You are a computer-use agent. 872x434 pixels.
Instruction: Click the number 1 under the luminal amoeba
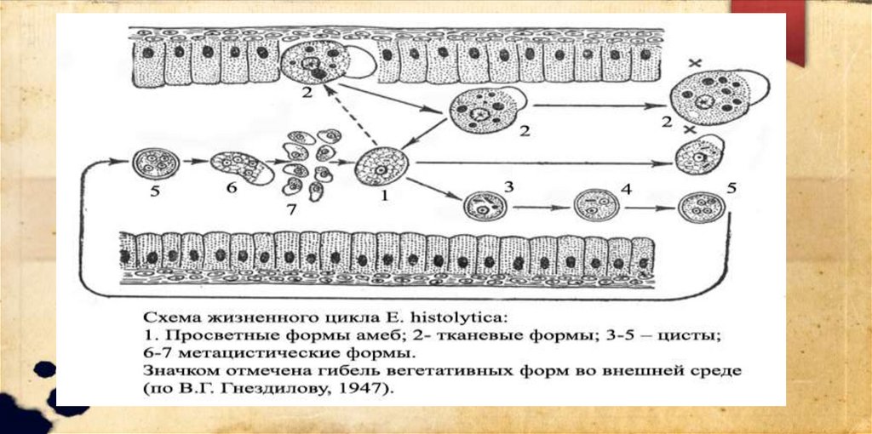pyautogui.click(x=384, y=195)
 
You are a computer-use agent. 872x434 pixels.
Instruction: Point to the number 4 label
pyautogui.click(x=626, y=190)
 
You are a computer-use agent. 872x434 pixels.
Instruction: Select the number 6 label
pyautogui.click(x=232, y=187)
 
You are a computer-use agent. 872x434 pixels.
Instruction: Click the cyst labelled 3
pyautogui.click(x=479, y=207)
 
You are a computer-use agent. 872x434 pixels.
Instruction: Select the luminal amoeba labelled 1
pyautogui.click(x=381, y=163)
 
